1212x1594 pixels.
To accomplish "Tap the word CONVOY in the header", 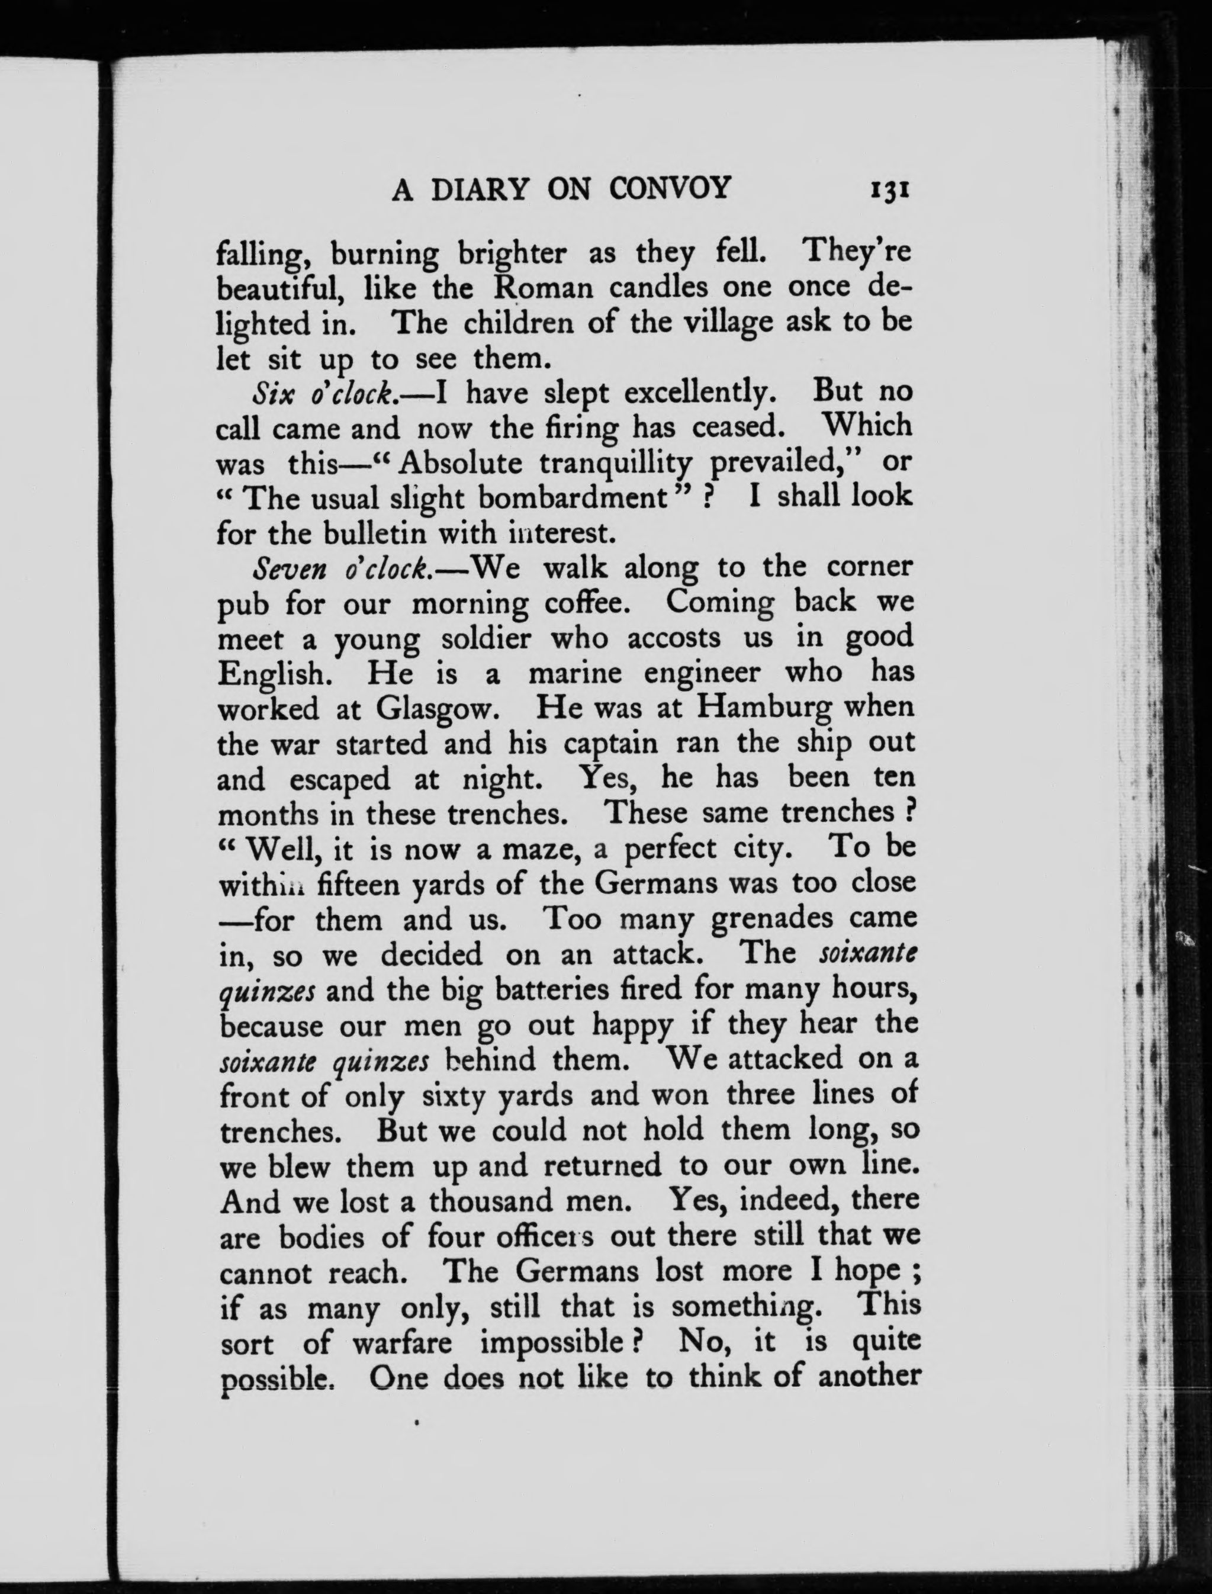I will point(670,189).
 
